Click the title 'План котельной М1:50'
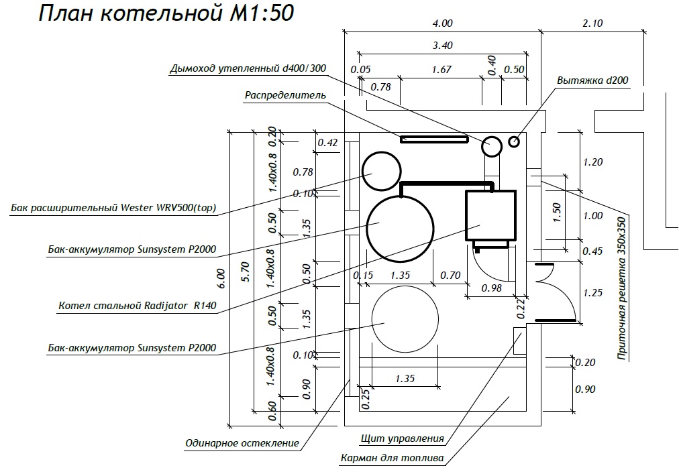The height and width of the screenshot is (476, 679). pos(166,13)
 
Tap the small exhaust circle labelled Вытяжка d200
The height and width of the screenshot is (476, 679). pos(514,141)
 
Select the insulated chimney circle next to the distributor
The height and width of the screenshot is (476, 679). pos(492,146)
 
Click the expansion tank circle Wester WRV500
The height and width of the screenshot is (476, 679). pos(382,171)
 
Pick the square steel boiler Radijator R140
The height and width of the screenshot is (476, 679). pos(490,215)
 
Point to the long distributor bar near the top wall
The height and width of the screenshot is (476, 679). pos(434,139)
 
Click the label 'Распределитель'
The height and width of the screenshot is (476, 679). pos(285,95)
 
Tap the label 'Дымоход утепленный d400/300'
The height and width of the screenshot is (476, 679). pos(248,68)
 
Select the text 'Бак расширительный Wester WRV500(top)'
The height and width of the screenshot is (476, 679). pos(113,208)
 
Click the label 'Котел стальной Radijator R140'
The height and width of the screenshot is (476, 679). pos(138,306)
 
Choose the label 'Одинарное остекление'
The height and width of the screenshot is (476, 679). pos(242,443)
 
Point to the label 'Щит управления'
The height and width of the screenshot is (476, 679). pos(403,438)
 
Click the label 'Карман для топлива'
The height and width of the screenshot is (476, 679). pos(393,458)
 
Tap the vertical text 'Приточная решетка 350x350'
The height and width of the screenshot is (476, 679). pos(622,288)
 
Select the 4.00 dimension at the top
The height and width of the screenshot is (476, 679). pos(443,23)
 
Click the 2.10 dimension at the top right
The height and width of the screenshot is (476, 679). pos(592,23)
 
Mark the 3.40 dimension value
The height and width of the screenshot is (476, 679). pos(443,46)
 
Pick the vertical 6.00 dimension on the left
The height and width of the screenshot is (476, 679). pos(221,278)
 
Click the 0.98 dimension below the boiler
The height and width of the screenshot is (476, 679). pos(492,288)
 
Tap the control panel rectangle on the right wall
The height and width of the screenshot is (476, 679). pos(519,341)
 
